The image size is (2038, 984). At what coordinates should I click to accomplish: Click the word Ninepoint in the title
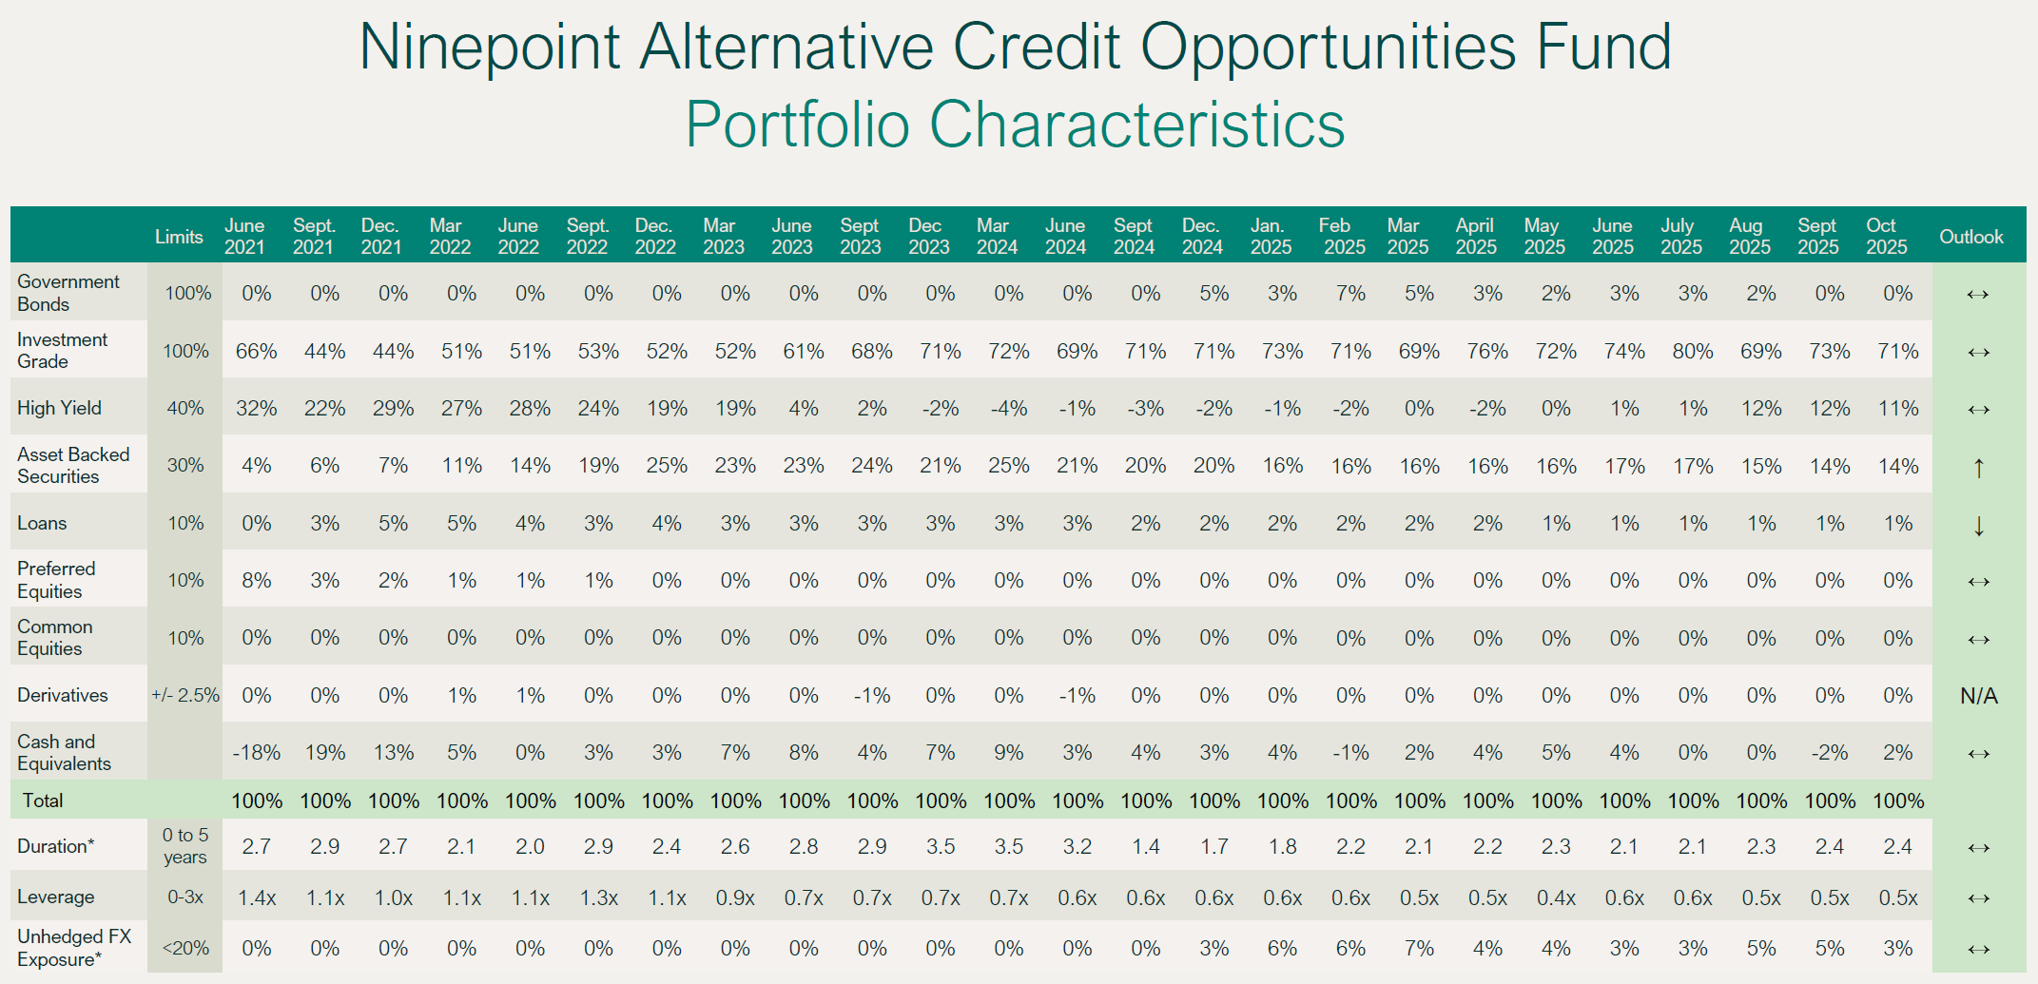[x=489, y=47]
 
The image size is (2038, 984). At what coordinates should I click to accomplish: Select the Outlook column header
[x=1970, y=237]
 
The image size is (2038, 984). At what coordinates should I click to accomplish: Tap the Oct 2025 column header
[x=1886, y=237]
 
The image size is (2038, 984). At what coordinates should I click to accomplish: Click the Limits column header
[x=179, y=237]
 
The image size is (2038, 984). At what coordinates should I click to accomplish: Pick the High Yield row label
[x=59, y=408]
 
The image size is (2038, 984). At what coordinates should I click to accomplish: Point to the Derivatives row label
[x=63, y=695]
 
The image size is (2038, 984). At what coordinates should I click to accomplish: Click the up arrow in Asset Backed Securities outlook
[x=1978, y=467]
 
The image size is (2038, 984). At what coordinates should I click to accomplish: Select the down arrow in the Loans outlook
[x=1978, y=525]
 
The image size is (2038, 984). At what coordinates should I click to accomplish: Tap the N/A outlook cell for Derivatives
[x=1978, y=696]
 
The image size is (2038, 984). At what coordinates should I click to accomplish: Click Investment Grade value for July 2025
[x=1693, y=352]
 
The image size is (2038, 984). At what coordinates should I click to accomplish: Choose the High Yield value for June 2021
[x=256, y=409]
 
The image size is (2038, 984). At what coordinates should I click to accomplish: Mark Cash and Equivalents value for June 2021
[x=256, y=753]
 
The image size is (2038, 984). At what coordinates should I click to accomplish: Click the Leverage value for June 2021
[x=256, y=897]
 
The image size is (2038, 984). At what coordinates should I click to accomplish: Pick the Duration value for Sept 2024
[x=1145, y=846]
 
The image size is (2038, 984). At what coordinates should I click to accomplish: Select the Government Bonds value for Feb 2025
[x=1350, y=294]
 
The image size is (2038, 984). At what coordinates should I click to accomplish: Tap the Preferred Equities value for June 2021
[x=256, y=581]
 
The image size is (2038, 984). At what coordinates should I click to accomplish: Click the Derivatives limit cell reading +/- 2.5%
[x=185, y=695]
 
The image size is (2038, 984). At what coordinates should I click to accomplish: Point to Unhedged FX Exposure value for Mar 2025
[x=1419, y=948]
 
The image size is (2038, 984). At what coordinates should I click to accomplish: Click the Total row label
[x=43, y=801]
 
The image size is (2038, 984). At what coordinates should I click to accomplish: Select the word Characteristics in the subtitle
[x=1136, y=125]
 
